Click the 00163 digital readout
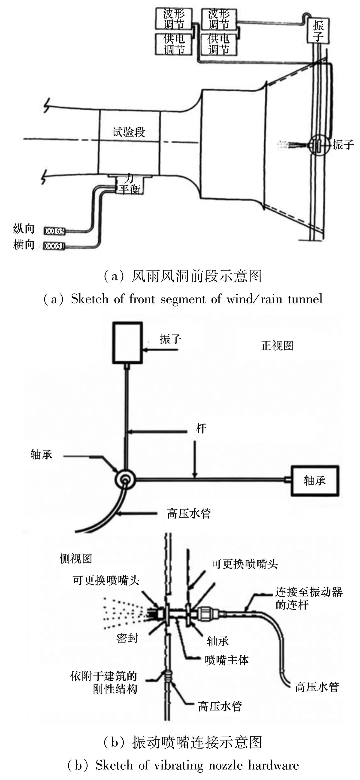point(54,231)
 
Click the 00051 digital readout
point(54,246)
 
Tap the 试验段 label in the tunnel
point(129,132)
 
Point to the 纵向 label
point(24,229)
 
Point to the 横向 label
point(24,245)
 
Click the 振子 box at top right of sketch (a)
point(318,31)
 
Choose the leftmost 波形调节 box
point(173,19)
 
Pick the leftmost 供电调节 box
point(173,44)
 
